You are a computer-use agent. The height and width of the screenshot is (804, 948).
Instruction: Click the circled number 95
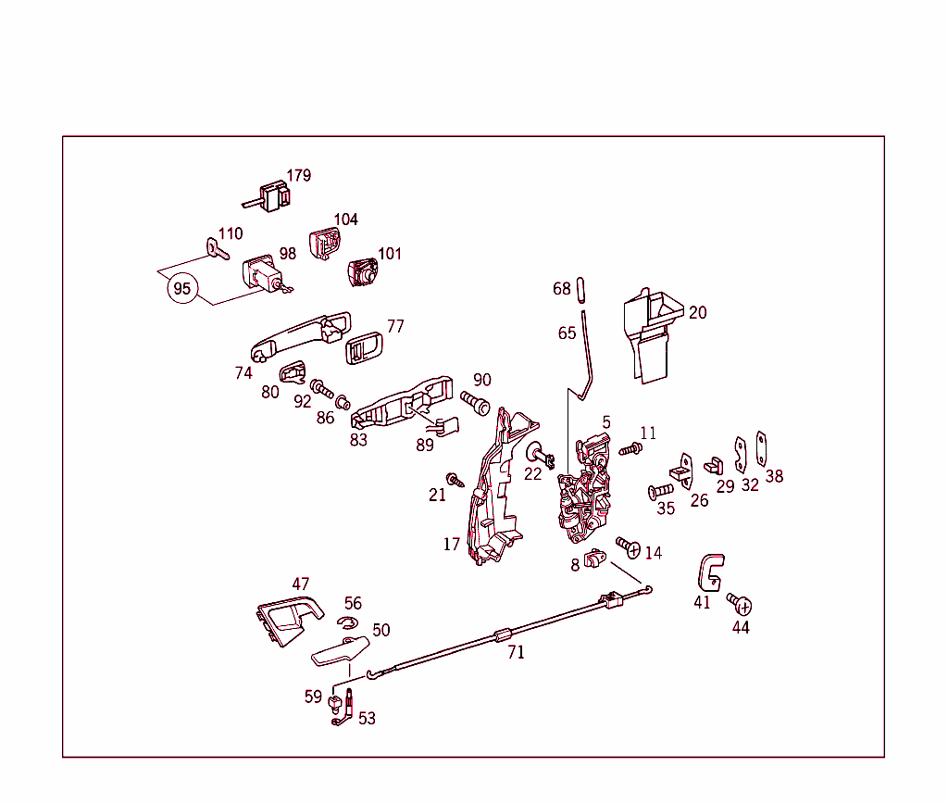[182, 289]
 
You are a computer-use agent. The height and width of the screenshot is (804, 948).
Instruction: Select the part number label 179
[298, 175]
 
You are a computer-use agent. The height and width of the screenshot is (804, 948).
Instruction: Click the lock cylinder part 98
[262, 275]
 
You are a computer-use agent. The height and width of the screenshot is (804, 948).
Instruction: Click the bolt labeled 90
[475, 403]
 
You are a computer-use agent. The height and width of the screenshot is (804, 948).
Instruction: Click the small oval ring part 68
[581, 289]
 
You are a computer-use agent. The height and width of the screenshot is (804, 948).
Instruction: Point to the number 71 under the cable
[516, 652]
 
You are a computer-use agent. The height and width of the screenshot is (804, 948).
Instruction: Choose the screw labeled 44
[741, 603]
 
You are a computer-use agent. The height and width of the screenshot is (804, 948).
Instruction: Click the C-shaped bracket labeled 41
[709, 572]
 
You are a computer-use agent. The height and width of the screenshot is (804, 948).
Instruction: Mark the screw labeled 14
[629, 546]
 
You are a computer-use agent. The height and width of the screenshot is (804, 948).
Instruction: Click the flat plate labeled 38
[763, 448]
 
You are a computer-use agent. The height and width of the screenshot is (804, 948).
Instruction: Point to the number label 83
[358, 440]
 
